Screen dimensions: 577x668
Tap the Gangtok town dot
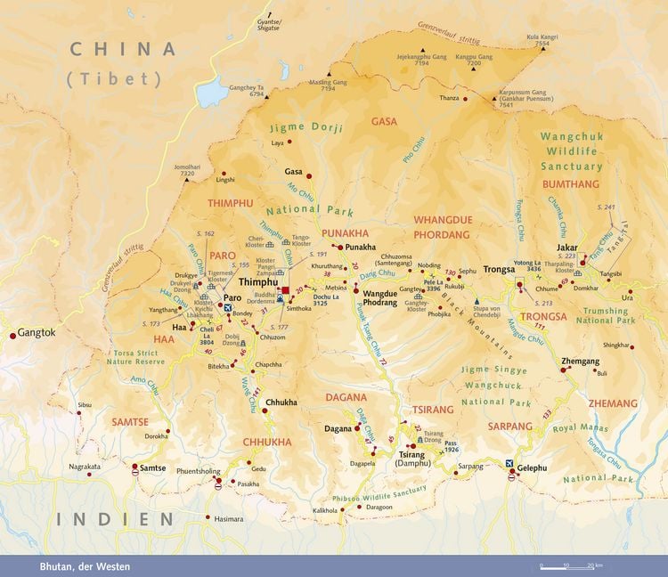pos(12,336)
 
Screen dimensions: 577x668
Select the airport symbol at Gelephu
pos(509,464)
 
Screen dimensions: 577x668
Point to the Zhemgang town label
pos(580,362)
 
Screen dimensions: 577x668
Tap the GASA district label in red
pos(384,121)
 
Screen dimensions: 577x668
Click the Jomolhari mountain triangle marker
pos(186,180)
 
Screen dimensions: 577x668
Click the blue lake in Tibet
pos(212,91)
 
